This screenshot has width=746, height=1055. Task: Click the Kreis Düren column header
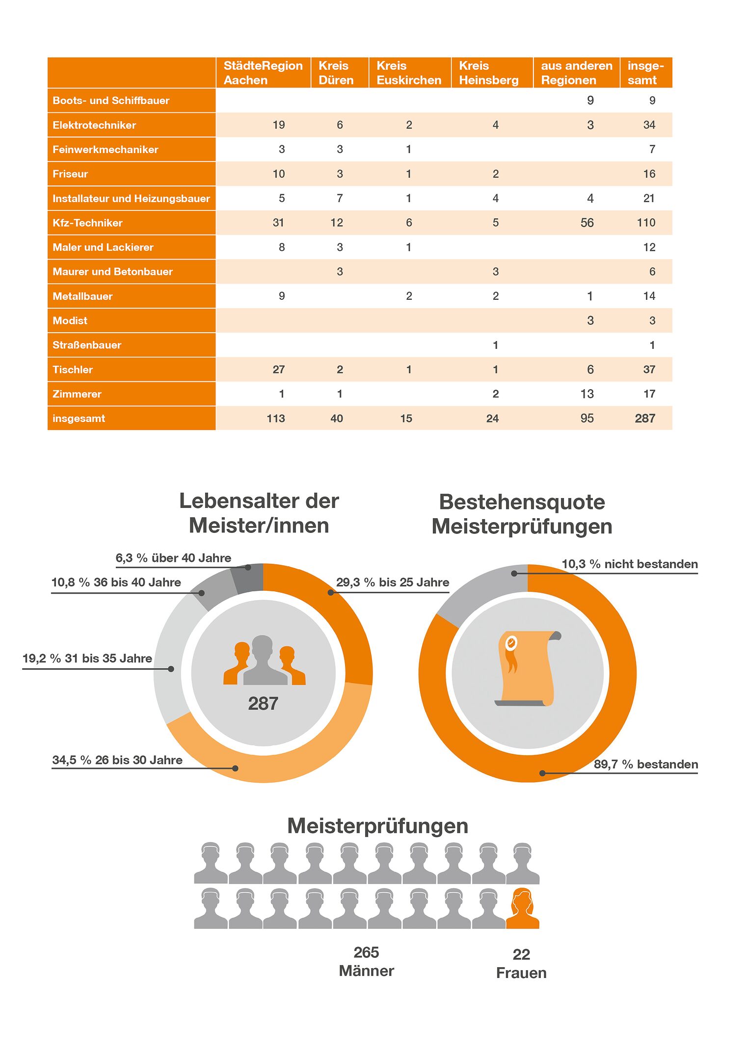coord(336,73)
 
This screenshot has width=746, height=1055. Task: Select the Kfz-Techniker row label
coord(87,223)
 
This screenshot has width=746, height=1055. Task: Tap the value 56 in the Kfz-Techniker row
coord(587,223)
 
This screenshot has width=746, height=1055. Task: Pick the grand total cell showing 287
coord(645,419)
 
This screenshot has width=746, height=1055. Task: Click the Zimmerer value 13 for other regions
coord(587,394)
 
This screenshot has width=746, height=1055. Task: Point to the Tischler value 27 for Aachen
coord(278,369)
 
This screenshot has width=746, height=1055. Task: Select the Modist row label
coord(70,320)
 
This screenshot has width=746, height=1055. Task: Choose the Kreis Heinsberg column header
coord(489,73)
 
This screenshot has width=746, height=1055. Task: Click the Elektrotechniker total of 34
coord(649,125)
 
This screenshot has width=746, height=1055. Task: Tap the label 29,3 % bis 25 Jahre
coord(393,582)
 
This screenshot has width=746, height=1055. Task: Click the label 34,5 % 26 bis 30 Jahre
coord(117,760)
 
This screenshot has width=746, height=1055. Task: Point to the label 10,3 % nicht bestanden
coord(630,564)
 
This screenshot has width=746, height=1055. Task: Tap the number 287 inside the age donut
coord(263,704)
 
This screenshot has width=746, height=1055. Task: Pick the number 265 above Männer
coord(366,952)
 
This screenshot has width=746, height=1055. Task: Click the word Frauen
coord(521,973)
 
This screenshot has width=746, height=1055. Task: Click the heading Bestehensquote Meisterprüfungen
coord(522,514)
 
